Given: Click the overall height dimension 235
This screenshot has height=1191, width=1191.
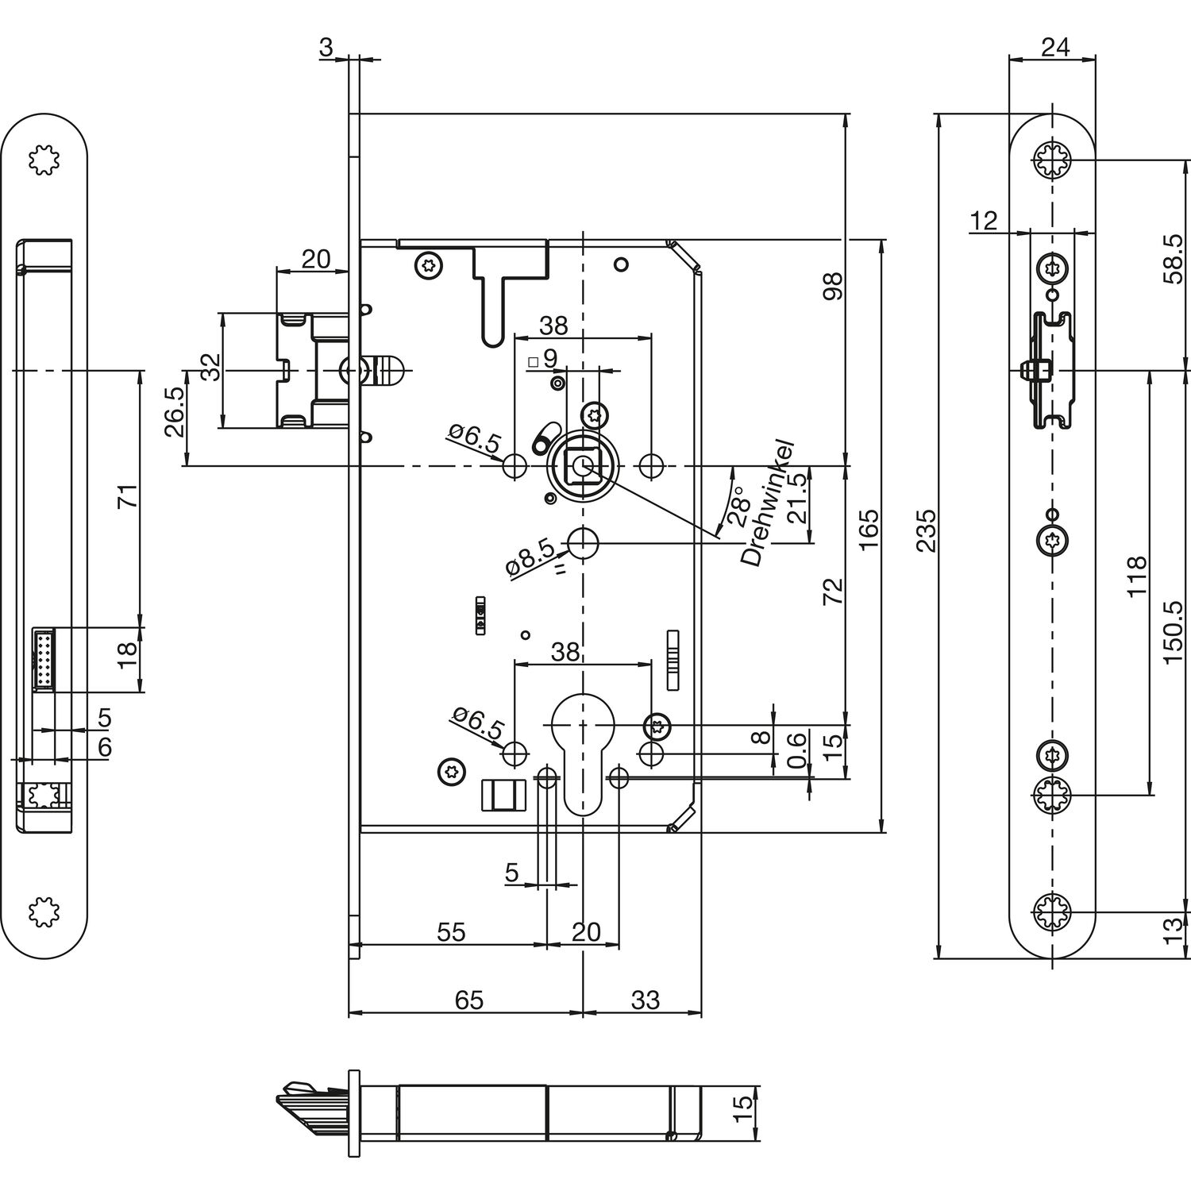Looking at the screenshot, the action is (927, 530).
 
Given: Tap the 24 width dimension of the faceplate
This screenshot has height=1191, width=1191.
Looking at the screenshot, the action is (1054, 47).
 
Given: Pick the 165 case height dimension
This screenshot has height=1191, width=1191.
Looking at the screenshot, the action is (869, 530).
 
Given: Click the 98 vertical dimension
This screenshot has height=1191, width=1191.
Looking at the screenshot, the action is (833, 284).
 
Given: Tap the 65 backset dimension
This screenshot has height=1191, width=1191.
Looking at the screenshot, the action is (468, 1000).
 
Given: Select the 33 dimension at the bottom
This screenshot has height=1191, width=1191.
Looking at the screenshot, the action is (646, 1000).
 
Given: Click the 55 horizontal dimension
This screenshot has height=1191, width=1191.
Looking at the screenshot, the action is (451, 931).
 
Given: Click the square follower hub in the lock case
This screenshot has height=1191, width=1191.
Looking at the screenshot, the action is (583, 466).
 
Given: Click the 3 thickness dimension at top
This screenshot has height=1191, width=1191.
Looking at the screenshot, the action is (326, 48).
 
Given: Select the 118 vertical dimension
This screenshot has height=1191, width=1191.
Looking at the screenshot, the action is (1137, 576).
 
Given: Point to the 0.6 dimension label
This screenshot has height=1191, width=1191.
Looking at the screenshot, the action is (797, 751).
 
